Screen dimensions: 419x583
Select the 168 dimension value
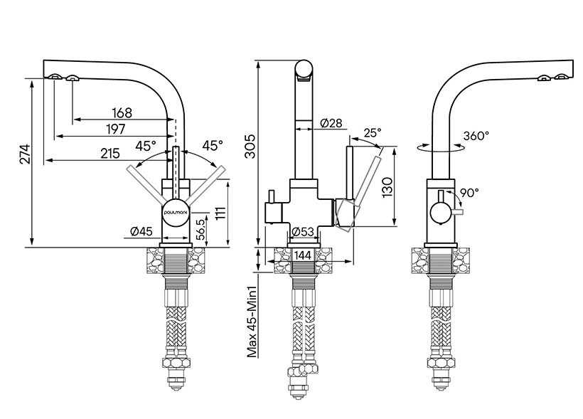(122, 112)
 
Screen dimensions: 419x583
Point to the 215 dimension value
(109, 154)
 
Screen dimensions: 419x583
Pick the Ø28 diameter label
(331, 123)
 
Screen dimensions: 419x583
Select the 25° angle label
(373, 132)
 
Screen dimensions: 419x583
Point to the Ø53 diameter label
(304, 232)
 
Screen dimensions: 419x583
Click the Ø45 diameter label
(142, 230)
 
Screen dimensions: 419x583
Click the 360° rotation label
(476, 135)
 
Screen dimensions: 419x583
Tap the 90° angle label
(470, 192)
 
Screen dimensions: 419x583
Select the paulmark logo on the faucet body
(175, 211)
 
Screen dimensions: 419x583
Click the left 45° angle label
(145, 146)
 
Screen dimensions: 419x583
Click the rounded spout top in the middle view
(304, 70)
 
